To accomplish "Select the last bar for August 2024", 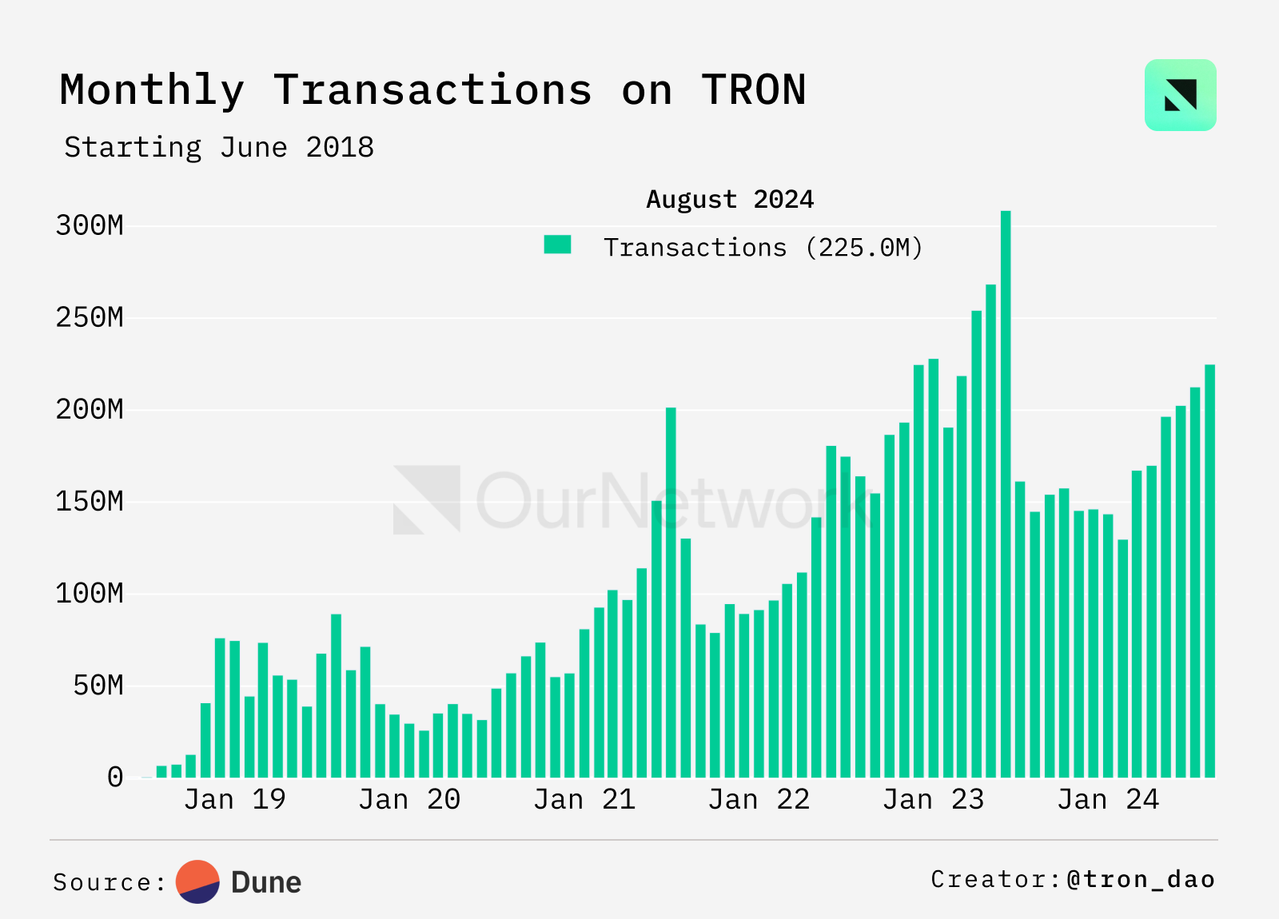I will pyautogui.click(x=1209, y=571).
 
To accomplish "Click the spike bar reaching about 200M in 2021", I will pyautogui.click(x=671, y=592).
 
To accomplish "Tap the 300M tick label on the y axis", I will pyautogui.click(x=90, y=225).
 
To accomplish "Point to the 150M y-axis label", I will pyautogui.click(x=90, y=502).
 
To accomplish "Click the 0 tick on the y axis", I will pyautogui.click(x=115, y=778).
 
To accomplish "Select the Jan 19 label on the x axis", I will pyautogui.click(x=234, y=799).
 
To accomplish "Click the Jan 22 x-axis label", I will pyautogui.click(x=759, y=799).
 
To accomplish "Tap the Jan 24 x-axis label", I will pyautogui.click(x=1108, y=799).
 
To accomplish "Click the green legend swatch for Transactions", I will pyautogui.click(x=557, y=245).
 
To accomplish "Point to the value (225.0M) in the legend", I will pyautogui.click(x=863, y=248).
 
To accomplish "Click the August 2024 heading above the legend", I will pyautogui.click(x=729, y=199).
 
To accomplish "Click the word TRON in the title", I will pyautogui.click(x=754, y=90).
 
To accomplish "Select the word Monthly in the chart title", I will pyautogui.click(x=152, y=90).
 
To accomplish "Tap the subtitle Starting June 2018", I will pyautogui.click(x=219, y=148).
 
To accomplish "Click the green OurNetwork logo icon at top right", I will pyautogui.click(x=1180, y=95).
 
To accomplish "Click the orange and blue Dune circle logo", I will pyautogui.click(x=197, y=881).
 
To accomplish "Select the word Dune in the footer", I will pyautogui.click(x=266, y=882).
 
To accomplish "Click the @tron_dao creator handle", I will pyautogui.click(x=1141, y=879).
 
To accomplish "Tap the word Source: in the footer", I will pyautogui.click(x=110, y=882).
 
